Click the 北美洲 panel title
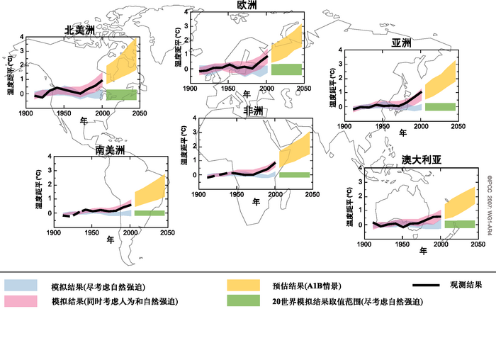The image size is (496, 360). (79, 30)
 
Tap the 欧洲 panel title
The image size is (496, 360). (247, 6)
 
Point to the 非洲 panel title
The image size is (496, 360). (252, 111)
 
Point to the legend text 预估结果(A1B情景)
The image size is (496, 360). (307, 286)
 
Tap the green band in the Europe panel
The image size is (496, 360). (286, 69)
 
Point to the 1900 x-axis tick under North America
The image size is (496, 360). (26, 113)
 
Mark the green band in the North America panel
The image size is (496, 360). (121, 94)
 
